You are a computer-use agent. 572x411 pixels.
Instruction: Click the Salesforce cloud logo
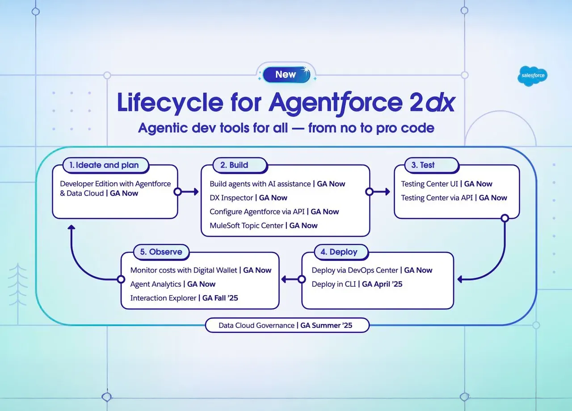tap(534, 75)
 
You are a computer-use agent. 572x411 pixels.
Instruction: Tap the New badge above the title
tap(286, 75)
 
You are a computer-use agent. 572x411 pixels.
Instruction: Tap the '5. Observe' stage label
tap(161, 252)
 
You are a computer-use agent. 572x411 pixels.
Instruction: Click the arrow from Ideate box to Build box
tap(188, 192)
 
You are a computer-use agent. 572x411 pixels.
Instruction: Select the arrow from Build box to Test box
tap(380, 192)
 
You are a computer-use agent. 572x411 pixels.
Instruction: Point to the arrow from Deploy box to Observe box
tap(291, 279)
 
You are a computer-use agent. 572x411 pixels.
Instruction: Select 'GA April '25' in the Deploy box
tap(382, 284)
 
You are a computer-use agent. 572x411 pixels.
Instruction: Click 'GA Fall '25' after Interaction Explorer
tap(220, 298)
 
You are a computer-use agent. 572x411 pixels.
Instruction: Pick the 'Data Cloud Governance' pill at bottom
tap(286, 325)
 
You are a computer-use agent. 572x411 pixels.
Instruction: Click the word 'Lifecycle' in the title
tap(170, 103)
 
